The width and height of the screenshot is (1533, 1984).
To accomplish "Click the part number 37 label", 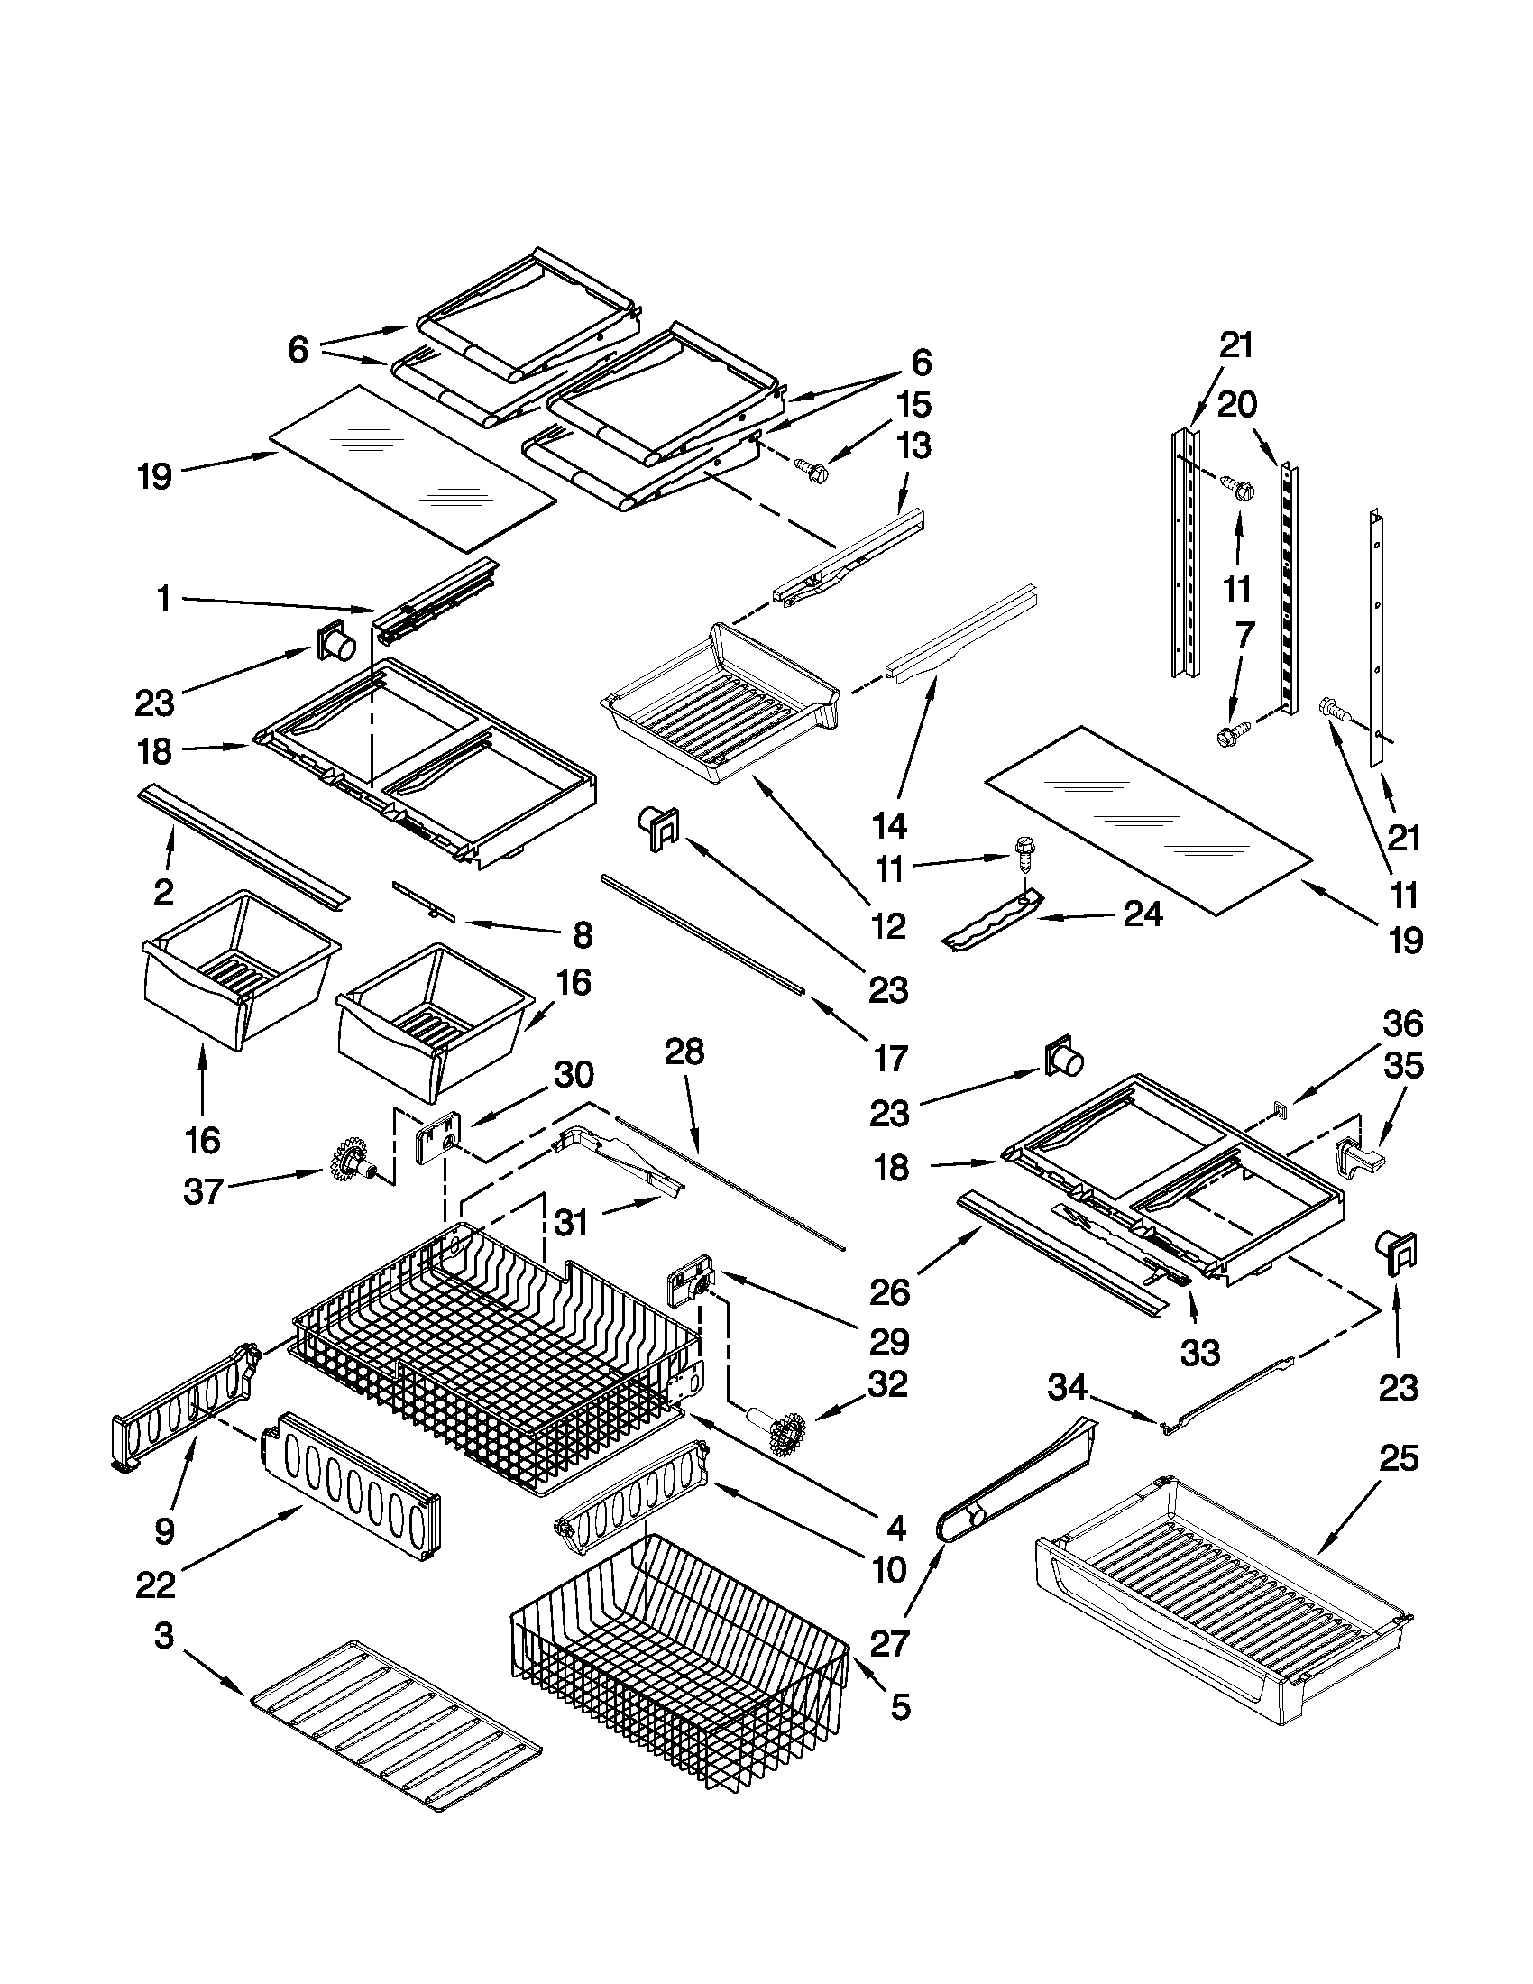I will click(203, 1190).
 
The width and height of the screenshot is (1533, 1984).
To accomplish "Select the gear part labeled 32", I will click(781, 1433).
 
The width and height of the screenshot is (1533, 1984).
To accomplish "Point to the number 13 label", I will click(913, 445).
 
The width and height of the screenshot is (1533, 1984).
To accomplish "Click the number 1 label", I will click(163, 599).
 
